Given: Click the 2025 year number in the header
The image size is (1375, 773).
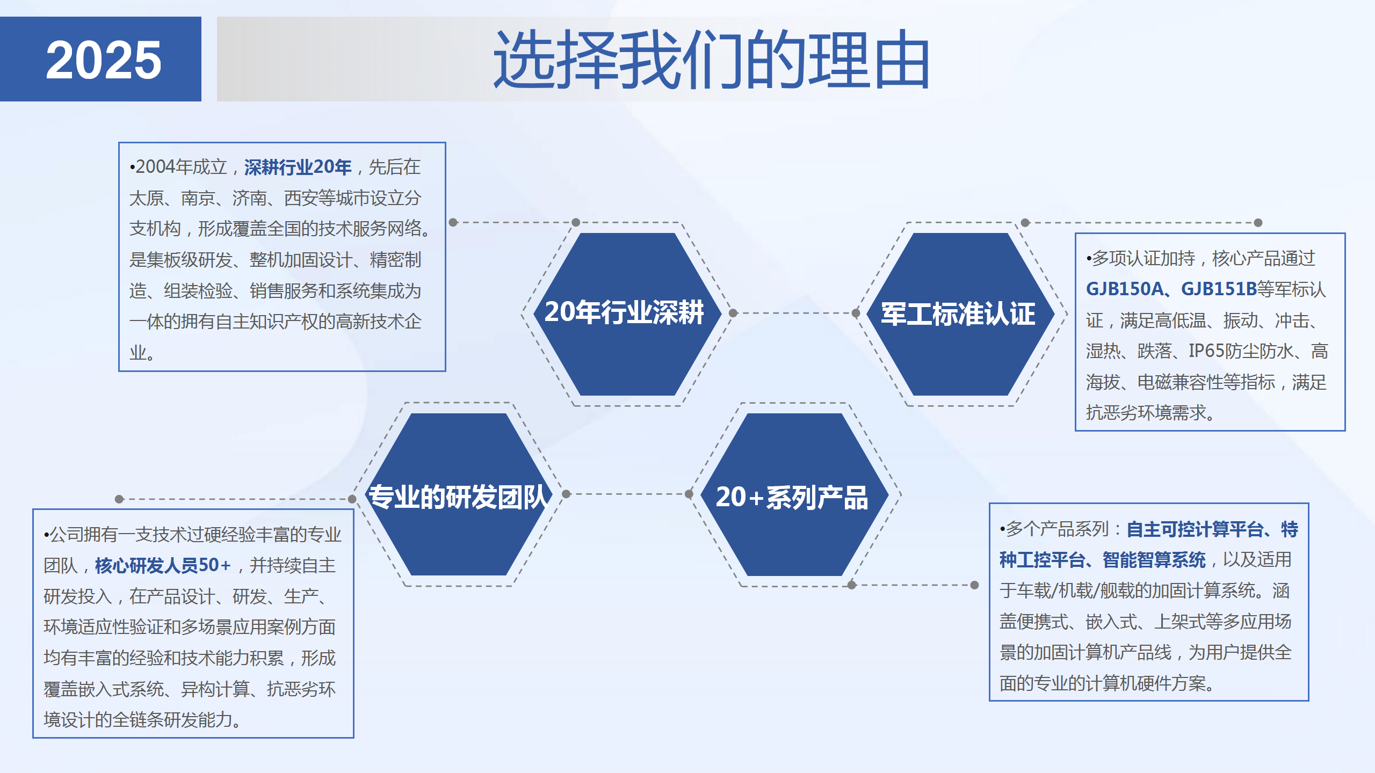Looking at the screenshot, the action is point(103,60).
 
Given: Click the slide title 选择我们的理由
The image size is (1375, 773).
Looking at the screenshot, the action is point(712,60).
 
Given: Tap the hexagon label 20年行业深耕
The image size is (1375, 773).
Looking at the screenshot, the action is point(624,312).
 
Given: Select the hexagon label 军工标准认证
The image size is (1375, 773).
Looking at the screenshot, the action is point(958,314).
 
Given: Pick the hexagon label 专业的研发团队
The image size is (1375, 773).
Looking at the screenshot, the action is point(458,497).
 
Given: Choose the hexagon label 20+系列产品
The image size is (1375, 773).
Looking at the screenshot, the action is point(792,497).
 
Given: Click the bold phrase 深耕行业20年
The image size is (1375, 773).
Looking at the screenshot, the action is point(298,167).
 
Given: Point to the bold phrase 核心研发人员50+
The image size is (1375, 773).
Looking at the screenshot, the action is point(163,565).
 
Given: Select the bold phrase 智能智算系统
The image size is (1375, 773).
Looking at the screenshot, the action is point(1154,560).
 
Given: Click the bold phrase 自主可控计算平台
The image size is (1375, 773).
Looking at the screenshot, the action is point(1195,530).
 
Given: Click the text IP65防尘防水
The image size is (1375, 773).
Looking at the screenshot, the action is point(1241,351).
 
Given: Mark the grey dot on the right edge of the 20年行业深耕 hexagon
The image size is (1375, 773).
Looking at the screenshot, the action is point(733,313).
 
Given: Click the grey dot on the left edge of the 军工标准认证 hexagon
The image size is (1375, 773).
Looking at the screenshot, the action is point(856,313).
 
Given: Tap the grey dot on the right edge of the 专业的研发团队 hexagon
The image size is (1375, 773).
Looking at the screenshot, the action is point(566,494).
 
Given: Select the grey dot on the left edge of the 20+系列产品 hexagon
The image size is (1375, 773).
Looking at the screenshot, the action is point(689,494).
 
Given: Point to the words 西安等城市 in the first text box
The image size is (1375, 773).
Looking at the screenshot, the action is point(327,198).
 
